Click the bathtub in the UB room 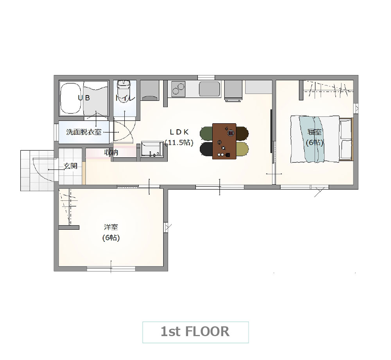click(x=71, y=98)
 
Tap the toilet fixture click(x=124, y=87)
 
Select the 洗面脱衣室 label click(x=84, y=132)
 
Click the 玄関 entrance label click(x=70, y=166)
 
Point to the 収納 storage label click(x=111, y=152)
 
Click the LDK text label click(x=179, y=132)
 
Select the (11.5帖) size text click(x=179, y=143)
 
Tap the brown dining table click(x=224, y=141)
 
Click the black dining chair click(x=206, y=149)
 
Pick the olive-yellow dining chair click(x=242, y=149)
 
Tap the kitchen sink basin click(x=210, y=89)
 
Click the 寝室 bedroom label click(x=314, y=132)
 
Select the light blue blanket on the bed click(x=312, y=139)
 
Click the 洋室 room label click(x=111, y=227)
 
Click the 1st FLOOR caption click(x=195, y=332)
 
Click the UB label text click(x=84, y=98)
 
